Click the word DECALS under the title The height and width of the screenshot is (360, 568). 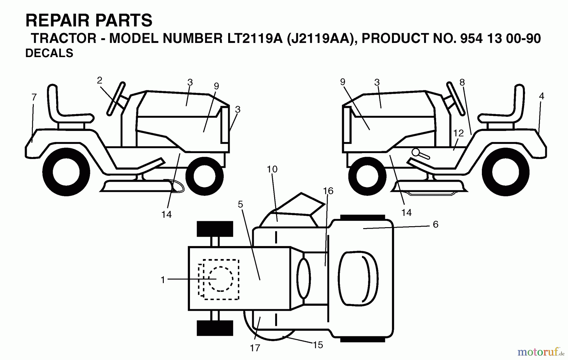[x=49, y=53]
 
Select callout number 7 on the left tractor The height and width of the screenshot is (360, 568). [x=34, y=97]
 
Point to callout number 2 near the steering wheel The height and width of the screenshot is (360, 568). [x=100, y=80]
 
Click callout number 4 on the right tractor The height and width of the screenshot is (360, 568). [x=541, y=96]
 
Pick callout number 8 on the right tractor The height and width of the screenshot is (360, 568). [x=462, y=83]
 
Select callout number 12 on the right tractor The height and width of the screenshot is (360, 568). [x=458, y=133]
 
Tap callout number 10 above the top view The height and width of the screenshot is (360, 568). [x=272, y=169]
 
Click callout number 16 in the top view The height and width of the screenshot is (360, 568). [x=328, y=191]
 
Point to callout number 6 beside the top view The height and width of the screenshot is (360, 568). [x=435, y=224]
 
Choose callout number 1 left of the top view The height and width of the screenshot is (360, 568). [x=163, y=280]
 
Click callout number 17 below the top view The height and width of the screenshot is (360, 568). [x=255, y=348]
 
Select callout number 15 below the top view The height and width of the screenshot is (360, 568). [x=318, y=345]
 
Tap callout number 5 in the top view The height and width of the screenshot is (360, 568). [x=240, y=204]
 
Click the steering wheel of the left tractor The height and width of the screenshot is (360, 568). [x=116, y=98]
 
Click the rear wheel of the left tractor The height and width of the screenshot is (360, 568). [x=66, y=173]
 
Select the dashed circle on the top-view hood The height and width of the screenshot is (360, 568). [x=221, y=279]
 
